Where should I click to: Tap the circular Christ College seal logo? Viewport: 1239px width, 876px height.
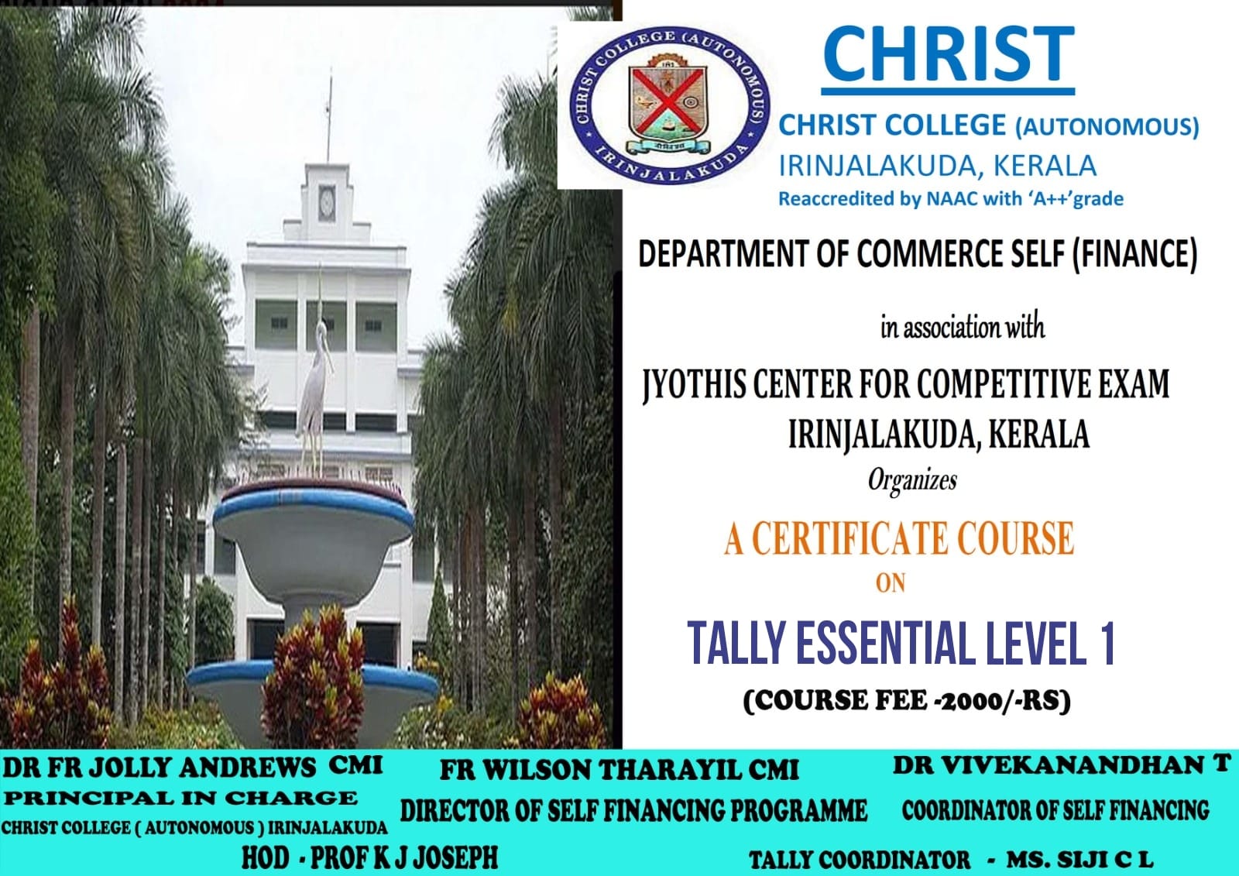tap(669, 105)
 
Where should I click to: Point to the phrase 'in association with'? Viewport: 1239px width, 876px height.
tap(963, 327)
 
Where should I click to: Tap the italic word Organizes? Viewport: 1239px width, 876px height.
tap(912, 480)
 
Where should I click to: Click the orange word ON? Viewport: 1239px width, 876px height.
tap(891, 583)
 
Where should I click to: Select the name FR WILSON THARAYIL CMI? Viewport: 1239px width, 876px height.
tap(619, 770)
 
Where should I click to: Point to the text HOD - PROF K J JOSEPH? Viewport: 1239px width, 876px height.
tap(369, 857)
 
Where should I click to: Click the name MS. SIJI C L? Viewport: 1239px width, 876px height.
tap(1079, 860)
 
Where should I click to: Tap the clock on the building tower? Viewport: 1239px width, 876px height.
tap(327, 203)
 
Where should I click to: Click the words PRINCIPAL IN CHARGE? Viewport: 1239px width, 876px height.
tap(181, 798)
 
